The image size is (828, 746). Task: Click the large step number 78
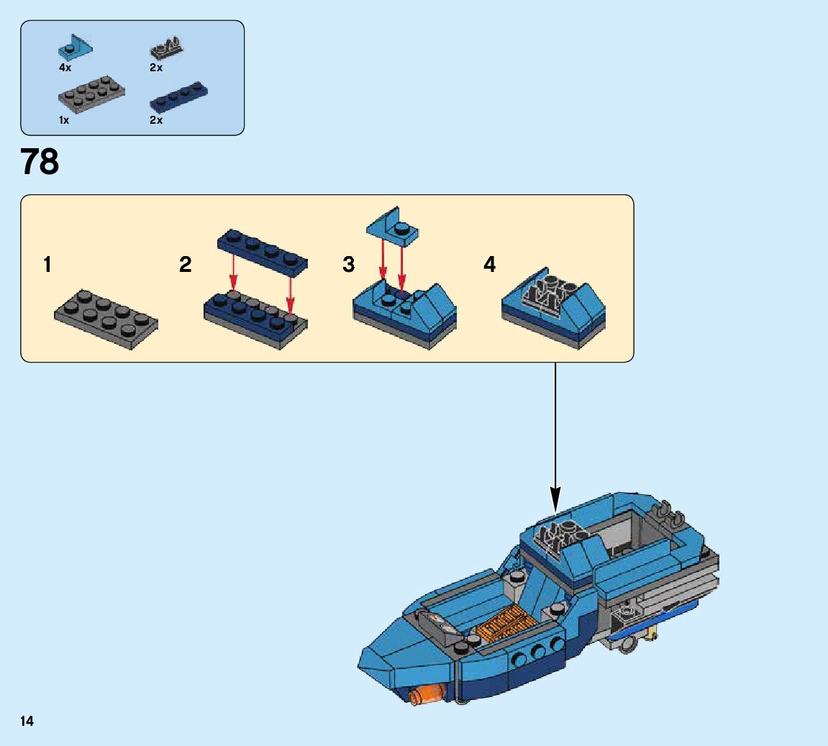[x=40, y=162]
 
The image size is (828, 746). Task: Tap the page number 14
[x=27, y=721]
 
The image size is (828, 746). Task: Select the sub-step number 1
[x=47, y=265]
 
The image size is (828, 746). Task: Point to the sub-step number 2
[x=186, y=265]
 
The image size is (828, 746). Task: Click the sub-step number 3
[x=349, y=265]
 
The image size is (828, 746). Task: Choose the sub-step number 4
[x=489, y=265]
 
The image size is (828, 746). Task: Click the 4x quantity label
[x=65, y=68]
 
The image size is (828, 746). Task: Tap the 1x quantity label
[x=64, y=120]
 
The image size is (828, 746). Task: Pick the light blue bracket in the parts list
[x=75, y=47]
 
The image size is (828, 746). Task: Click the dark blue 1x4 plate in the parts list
[x=179, y=97]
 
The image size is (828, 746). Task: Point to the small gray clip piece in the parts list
[x=166, y=50]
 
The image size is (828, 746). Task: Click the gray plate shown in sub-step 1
[x=106, y=319]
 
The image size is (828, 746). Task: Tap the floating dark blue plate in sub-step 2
[x=263, y=253]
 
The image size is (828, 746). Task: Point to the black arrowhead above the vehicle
[x=555, y=497]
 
